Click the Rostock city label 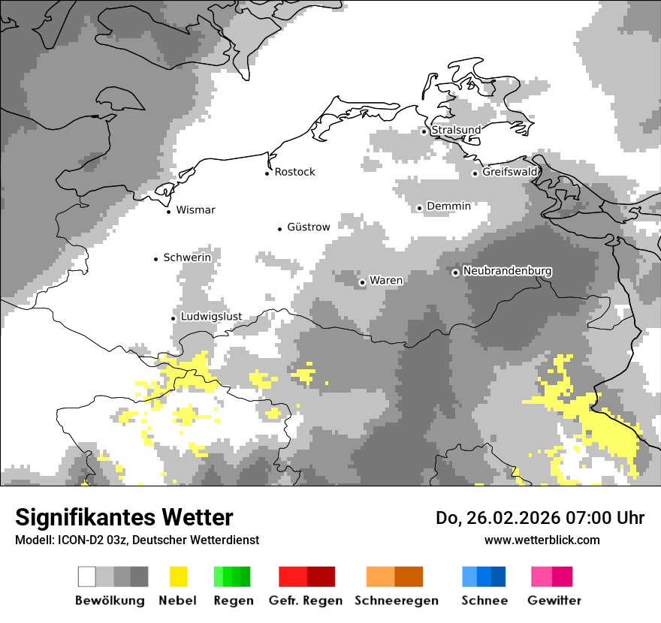[x=294, y=172]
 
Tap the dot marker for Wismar [x=168, y=212]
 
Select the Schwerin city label [x=187, y=257]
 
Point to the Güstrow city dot [x=279, y=228]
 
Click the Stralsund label [x=456, y=130]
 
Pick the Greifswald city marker [x=475, y=173]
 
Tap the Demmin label [x=448, y=206]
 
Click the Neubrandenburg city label [x=508, y=271]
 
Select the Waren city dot [x=362, y=282]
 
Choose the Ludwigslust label [x=211, y=316]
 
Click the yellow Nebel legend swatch [x=178, y=576]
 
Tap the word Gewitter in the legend [x=554, y=600]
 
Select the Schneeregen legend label [x=396, y=600]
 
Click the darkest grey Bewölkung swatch [x=140, y=576]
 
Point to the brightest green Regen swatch [x=219, y=576]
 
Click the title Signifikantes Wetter [x=124, y=517]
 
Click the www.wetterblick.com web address [x=542, y=540]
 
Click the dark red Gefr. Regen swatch [x=321, y=576]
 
